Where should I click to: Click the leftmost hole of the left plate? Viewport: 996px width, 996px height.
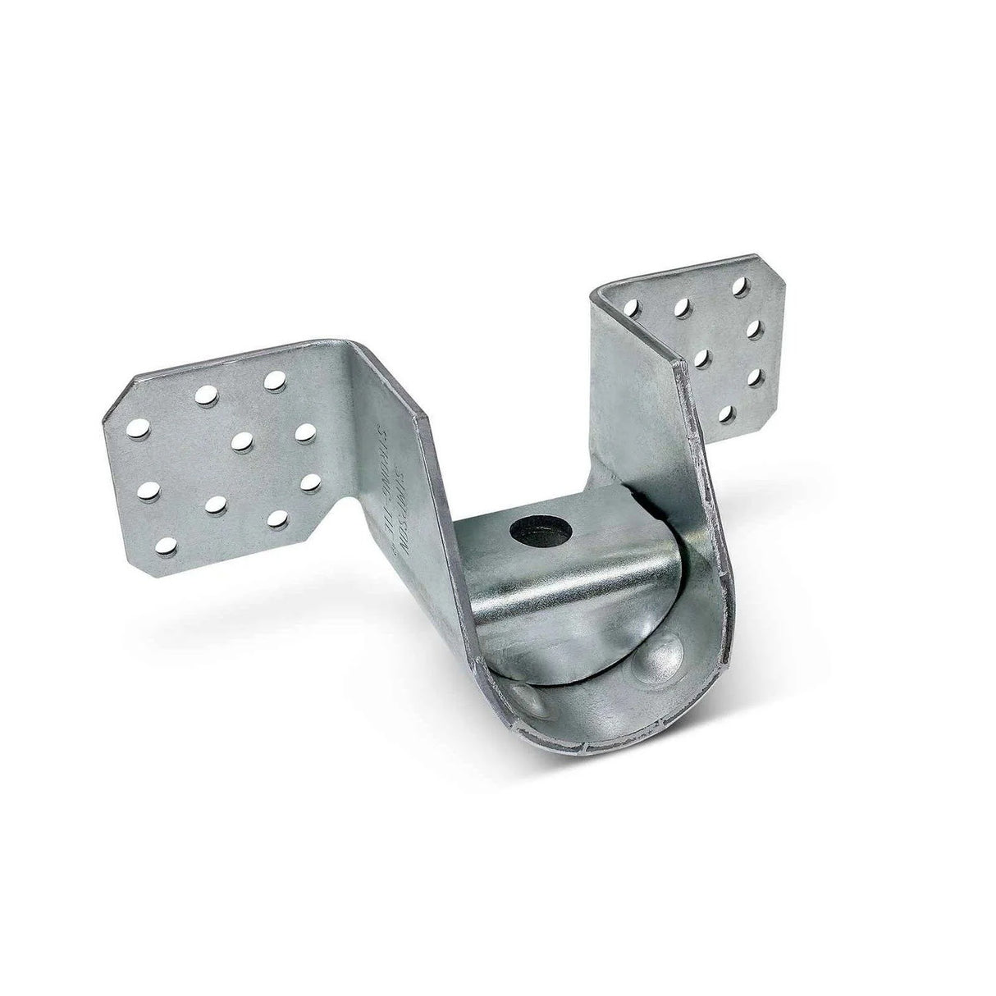[140, 427]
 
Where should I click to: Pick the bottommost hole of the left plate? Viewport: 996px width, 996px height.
[167, 544]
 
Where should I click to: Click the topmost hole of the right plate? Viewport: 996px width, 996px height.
[741, 287]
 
